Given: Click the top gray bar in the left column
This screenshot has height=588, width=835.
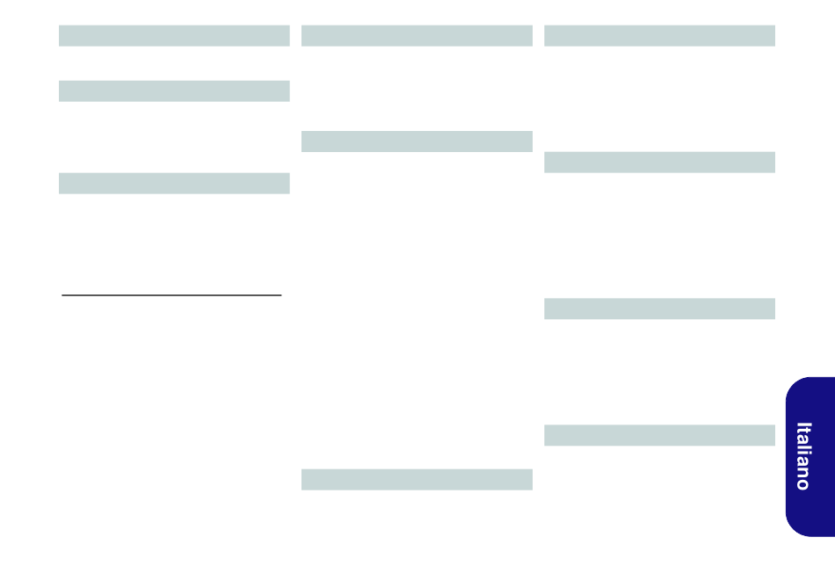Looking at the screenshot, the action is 174,35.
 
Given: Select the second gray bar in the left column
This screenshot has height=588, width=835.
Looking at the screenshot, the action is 174,91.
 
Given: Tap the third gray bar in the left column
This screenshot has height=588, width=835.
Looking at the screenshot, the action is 174,183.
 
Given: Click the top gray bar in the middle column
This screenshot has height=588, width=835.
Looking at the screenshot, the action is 417,35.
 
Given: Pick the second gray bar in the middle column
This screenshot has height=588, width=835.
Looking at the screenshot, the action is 417,141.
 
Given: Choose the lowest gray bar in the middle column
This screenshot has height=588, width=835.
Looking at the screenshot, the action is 417,479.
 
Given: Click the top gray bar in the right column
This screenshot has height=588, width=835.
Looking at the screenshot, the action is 659,35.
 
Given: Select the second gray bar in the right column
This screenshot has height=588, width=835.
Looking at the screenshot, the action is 659,162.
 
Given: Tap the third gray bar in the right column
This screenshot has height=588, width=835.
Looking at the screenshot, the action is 659,309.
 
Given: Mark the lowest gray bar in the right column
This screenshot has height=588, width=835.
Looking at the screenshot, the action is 659,435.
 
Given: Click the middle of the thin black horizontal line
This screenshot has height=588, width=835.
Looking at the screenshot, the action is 172,296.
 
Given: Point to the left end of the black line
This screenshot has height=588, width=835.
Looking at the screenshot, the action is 63,296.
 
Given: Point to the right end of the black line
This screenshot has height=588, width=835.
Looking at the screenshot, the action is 280,296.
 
